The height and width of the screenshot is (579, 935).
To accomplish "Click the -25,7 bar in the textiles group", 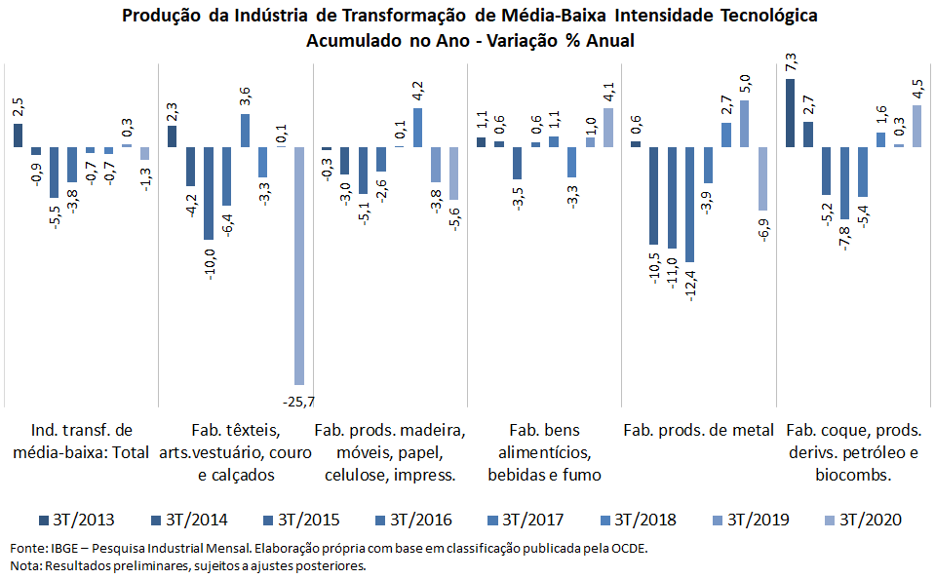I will [x=299, y=265].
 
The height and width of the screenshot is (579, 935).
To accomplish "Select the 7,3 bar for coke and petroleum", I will [x=790, y=113].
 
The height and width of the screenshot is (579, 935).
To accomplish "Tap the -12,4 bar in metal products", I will [x=690, y=204].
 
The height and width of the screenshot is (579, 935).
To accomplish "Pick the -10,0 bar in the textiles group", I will [x=209, y=193].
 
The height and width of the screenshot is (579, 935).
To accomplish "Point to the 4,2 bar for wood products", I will [x=418, y=128].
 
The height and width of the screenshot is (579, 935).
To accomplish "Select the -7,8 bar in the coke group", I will [x=844, y=183].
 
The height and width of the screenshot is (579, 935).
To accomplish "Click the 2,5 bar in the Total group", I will [x=18, y=135].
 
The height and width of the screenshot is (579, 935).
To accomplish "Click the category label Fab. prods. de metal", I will [x=698, y=430].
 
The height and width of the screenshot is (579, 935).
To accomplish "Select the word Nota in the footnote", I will [x=25, y=566].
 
